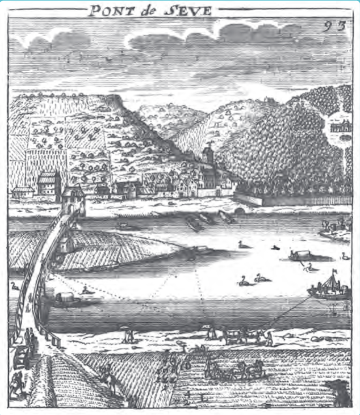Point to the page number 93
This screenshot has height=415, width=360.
point(334,26)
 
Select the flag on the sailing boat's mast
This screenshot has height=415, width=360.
point(335,271)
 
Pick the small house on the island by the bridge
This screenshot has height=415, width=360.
point(67,245)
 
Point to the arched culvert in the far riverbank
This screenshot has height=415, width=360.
point(239,210)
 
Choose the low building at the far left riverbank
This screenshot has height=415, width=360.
point(23,192)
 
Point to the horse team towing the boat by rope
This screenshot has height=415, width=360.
point(241,335)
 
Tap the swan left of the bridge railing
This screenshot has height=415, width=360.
point(15,285)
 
